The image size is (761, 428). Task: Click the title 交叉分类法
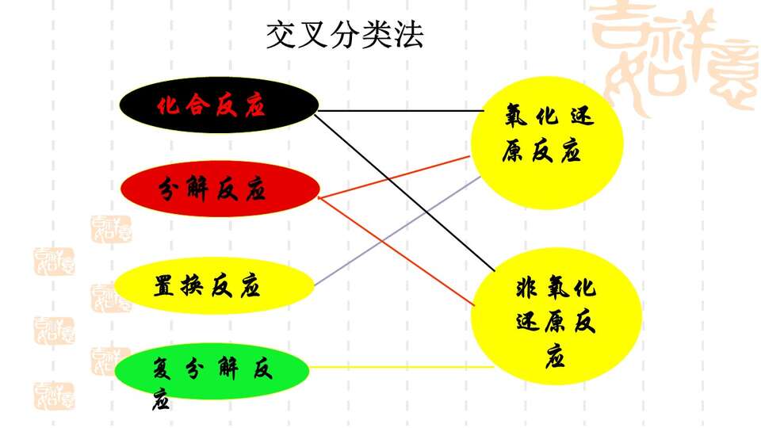tap(345, 34)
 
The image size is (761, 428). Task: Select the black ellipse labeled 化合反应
tap(219, 105)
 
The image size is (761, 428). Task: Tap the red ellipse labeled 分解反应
tap(220, 189)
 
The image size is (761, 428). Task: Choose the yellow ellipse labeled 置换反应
tap(215, 285)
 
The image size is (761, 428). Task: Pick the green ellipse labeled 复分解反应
tap(212, 371)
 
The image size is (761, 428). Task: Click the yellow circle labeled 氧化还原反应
tap(548, 143)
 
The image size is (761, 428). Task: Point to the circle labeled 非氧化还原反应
tap(556, 316)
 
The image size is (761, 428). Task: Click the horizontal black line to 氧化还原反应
tap(401, 111)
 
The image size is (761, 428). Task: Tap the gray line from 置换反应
tap(397, 231)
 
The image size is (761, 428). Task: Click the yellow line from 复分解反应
tap(402, 367)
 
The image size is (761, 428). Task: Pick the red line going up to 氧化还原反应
tap(394, 177)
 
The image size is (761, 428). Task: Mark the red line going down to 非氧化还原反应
tap(396, 251)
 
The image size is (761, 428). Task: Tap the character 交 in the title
tap(281, 34)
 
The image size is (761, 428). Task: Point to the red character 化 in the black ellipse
tap(168, 105)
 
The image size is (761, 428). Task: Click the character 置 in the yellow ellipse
tap(164, 286)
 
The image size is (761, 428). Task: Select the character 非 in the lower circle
tap(526, 288)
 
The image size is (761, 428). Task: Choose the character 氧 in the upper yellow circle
tap(516, 117)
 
